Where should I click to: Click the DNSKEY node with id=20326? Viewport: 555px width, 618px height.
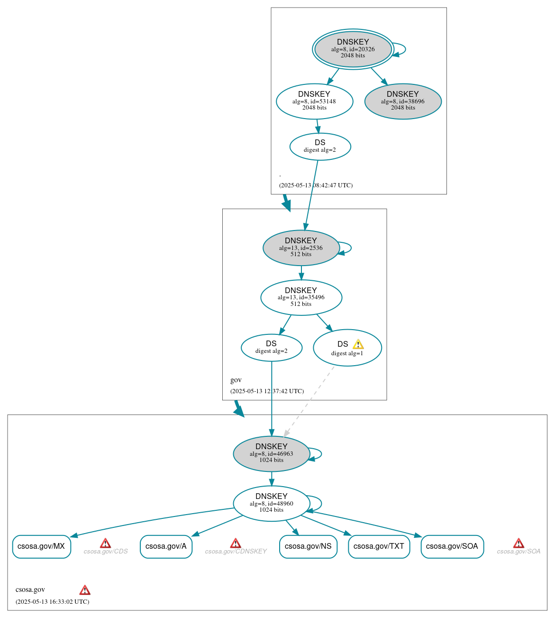click(353, 49)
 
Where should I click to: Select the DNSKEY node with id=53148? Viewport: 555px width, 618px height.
click(314, 101)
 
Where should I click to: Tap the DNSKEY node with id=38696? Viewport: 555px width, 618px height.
click(403, 101)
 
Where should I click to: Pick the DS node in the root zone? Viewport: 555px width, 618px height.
click(320, 147)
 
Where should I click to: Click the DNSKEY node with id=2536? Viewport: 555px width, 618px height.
click(300, 248)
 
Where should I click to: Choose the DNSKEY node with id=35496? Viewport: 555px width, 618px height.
click(301, 297)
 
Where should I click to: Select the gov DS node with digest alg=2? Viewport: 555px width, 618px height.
click(271, 348)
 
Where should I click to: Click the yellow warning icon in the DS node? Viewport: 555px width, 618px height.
click(358, 344)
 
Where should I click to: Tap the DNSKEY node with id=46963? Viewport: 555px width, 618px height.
click(271, 454)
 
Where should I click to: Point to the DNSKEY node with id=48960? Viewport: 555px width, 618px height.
click(271, 503)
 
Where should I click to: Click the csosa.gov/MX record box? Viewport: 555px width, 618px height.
click(41, 546)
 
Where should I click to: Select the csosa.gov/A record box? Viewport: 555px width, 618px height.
click(166, 546)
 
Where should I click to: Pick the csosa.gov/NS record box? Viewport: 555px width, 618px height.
click(308, 546)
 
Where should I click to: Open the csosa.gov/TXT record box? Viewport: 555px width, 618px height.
click(379, 546)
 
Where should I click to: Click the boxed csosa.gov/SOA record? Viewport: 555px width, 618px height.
click(452, 546)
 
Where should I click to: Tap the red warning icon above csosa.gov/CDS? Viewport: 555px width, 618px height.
click(105, 543)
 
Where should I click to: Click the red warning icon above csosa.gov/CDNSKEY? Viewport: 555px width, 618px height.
click(235, 543)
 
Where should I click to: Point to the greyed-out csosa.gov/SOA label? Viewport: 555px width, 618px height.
click(519, 552)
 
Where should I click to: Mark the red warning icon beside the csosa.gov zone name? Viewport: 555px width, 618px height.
click(85, 590)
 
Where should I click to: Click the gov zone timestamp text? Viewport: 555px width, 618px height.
click(267, 391)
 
